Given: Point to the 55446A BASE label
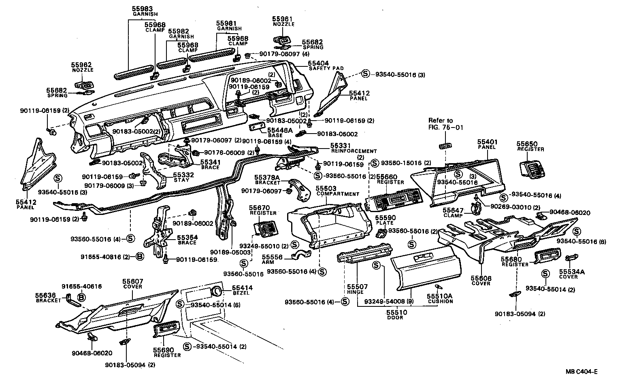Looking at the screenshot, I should click(x=279, y=132).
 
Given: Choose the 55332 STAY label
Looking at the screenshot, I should click(x=181, y=177).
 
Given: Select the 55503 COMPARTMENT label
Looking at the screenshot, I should click(x=337, y=191).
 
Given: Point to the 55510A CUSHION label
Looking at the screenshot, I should click(x=440, y=299).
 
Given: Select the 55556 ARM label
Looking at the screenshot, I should click(x=271, y=259).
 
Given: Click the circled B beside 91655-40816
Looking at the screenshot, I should click(x=138, y=257).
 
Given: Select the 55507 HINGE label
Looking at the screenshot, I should click(x=355, y=289).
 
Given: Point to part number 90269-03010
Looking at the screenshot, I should click(x=510, y=207).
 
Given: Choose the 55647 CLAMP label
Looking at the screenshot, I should click(x=453, y=212).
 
